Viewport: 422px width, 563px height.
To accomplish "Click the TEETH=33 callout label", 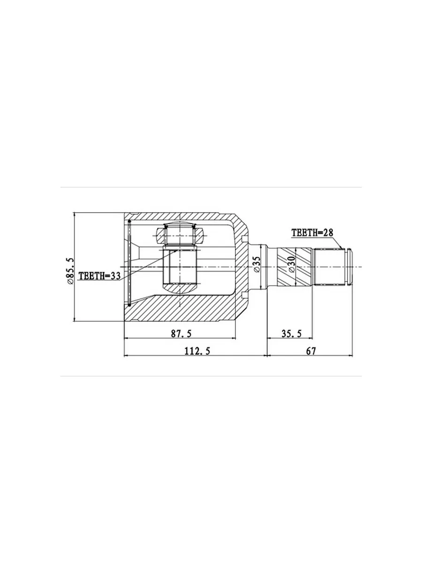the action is click(x=99, y=276).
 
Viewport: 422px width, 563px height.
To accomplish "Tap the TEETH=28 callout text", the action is click(x=313, y=233).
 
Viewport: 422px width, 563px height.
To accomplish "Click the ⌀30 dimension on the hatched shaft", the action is click(x=292, y=264).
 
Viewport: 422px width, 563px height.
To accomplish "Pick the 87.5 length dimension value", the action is click(x=181, y=334).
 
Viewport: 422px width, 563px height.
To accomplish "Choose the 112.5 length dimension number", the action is click(x=197, y=351).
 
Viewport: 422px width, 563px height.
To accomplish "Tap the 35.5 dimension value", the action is click(x=292, y=334).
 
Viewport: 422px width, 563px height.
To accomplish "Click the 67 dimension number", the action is click(x=311, y=351).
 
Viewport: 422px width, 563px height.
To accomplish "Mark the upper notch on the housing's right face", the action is click(x=244, y=239).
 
